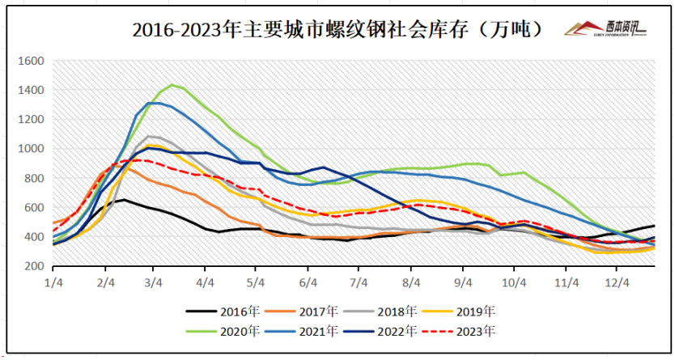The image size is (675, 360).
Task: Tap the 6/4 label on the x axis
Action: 308,282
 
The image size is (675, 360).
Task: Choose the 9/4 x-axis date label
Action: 463,282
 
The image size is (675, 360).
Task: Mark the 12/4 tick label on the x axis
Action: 618,282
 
